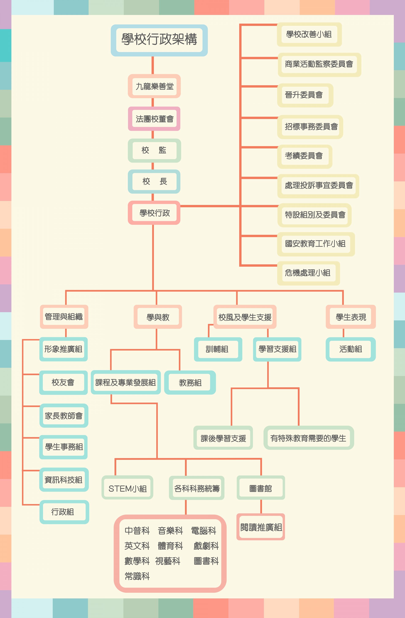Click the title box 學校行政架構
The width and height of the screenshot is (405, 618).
[x=159, y=40]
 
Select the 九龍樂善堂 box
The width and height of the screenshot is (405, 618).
[x=154, y=86]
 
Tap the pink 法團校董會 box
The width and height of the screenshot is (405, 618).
[x=154, y=119]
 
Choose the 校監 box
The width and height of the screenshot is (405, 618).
[x=154, y=150]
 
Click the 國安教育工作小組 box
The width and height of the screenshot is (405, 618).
[x=316, y=244]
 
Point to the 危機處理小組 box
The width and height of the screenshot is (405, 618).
[x=309, y=273]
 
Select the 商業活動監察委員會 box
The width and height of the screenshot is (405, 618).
[x=319, y=65]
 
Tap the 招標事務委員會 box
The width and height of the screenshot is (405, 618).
[x=310, y=127]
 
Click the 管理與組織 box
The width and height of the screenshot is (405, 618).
[x=64, y=317]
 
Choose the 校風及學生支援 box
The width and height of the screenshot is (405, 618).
[x=245, y=317]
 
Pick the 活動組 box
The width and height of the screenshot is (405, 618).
[x=351, y=349]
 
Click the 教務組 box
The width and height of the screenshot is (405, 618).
[x=190, y=383]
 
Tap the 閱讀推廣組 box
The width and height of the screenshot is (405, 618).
[x=261, y=527]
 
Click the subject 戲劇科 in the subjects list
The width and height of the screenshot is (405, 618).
[x=206, y=546]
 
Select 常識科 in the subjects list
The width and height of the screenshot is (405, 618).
[x=137, y=576]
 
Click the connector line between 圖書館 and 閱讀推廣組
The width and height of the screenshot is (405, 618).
[x=261, y=506]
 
